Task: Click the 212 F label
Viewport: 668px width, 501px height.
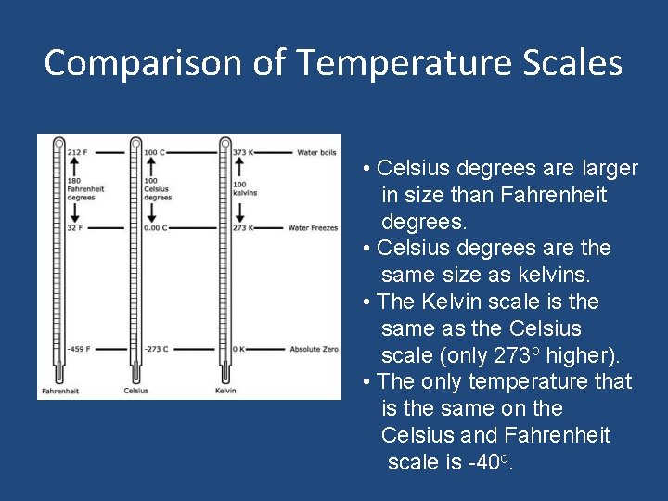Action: pos(78,151)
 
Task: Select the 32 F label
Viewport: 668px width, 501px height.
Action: pos(76,227)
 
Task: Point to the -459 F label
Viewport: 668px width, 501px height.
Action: pos(79,349)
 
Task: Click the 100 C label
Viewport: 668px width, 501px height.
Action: pos(155,151)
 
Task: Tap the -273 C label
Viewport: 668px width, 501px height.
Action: pos(156,349)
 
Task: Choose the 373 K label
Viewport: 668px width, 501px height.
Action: pos(242,151)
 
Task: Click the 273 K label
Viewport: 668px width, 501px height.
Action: pos(242,227)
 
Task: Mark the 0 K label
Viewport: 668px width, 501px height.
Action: pos(238,349)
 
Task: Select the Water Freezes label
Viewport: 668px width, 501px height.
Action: pos(313,227)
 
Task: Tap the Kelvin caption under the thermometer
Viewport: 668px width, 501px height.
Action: pos(225,391)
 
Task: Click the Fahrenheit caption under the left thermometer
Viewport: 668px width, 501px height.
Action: pos(59,391)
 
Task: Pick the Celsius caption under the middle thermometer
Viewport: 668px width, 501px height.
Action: pos(136,391)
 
